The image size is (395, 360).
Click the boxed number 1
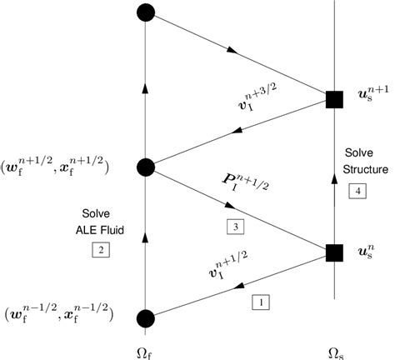(x=260, y=304)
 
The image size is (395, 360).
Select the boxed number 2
(x=98, y=249)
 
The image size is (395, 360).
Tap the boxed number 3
(x=233, y=225)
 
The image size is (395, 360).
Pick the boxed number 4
(x=356, y=191)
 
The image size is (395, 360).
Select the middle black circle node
(x=146, y=167)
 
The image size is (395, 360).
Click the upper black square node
(x=334, y=100)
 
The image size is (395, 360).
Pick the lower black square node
(x=334, y=251)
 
